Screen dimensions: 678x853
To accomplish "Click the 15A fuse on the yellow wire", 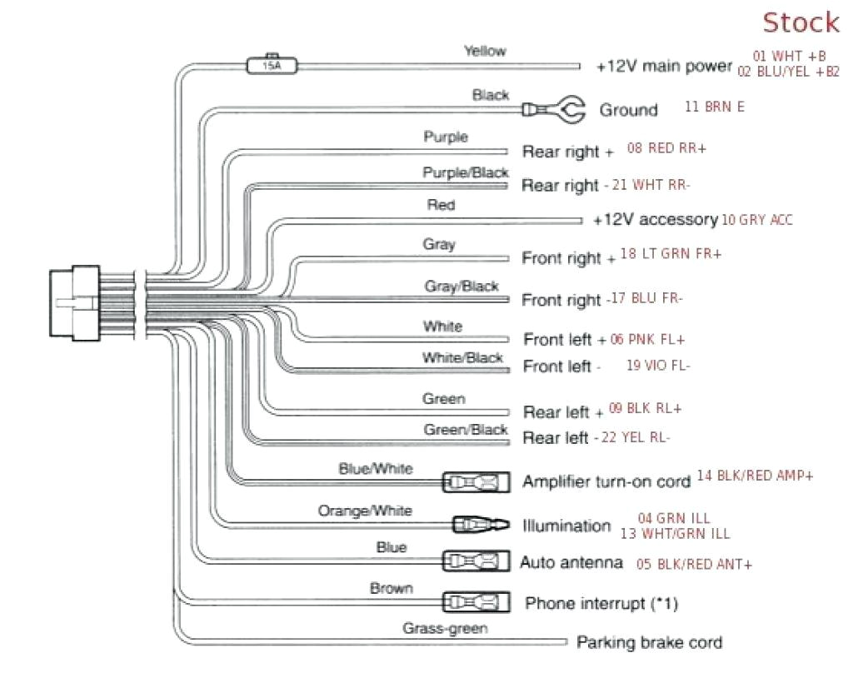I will tap(272, 63).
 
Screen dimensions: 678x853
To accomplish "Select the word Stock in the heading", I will tap(801, 22).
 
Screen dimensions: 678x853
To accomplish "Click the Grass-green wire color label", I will tap(445, 628).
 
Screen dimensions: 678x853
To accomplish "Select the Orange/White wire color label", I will tap(365, 510).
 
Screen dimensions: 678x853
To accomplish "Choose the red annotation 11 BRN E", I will tap(714, 107).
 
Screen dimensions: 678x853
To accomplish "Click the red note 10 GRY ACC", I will tap(757, 220).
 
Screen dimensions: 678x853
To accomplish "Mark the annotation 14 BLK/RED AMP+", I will tap(755, 476).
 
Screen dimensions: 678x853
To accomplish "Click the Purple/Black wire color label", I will tap(465, 172).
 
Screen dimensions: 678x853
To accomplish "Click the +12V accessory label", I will tap(655, 220).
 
